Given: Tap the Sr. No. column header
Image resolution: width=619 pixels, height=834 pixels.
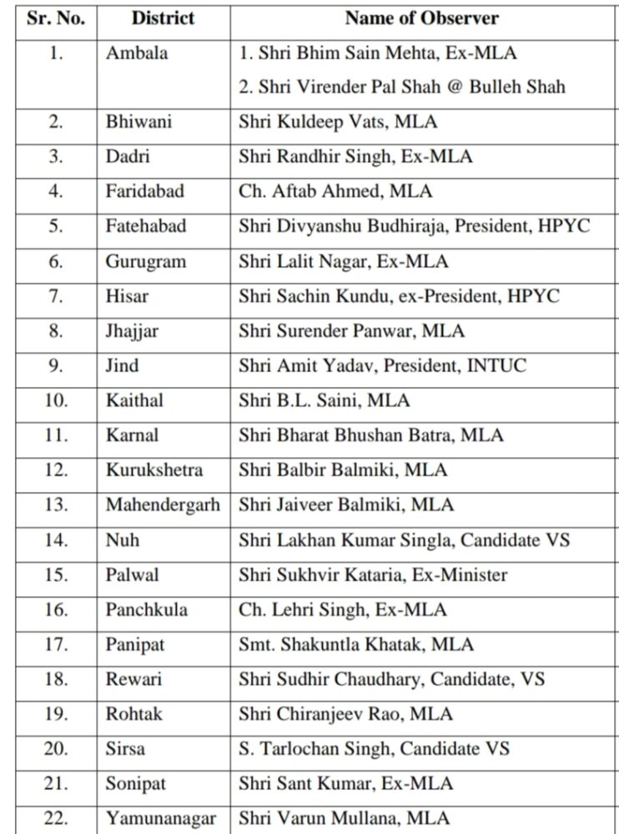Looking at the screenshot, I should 55,18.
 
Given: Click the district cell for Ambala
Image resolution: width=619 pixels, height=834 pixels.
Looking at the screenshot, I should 137,53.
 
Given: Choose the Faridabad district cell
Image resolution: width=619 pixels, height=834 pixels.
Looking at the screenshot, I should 145,191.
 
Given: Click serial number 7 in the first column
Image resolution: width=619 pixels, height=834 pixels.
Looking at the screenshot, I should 56,295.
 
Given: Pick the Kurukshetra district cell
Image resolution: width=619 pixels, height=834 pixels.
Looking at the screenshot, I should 154,470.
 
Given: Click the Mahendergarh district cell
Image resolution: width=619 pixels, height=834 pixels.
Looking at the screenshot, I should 164,505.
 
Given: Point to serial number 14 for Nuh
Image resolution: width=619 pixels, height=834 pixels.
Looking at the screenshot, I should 56,540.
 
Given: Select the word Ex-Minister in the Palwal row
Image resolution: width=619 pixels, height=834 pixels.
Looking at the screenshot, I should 464,575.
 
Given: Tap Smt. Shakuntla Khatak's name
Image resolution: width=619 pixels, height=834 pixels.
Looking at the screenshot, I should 341,644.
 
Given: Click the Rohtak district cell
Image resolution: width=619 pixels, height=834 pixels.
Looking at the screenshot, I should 133,714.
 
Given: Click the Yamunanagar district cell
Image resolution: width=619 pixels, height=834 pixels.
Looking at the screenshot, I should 161,818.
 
